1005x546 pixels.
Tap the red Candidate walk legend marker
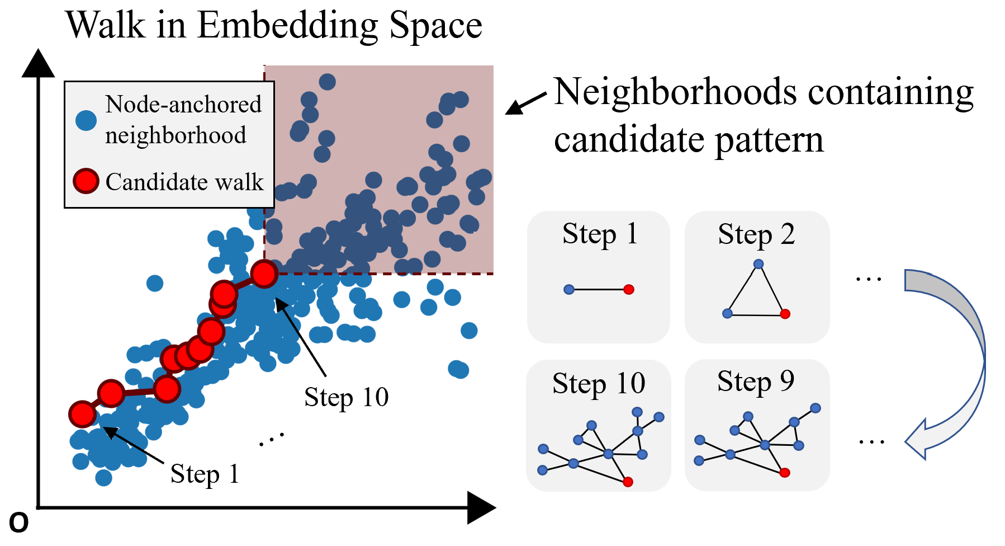pyautogui.click(x=86, y=181)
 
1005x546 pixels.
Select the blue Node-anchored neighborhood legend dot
pyautogui.click(x=86, y=120)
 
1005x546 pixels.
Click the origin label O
pyautogui.click(x=18, y=524)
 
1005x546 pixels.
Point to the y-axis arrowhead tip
pyautogui.click(x=38, y=51)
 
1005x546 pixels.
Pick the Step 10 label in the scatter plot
pyautogui.click(x=346, y=397)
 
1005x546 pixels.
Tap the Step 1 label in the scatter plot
pyautogui.click(x=205, y=474)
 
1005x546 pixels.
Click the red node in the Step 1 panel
pyautogui.click(x=629, y=289)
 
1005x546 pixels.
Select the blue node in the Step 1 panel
pyautogui.click(x=569, y=289)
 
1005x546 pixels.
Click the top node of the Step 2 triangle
pyautogui.click(x=758, y=264)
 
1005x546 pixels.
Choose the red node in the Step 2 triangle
pyautogui.click(x=785, y=314)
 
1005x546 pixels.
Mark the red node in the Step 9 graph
pyautogui.click(x=785, y=473)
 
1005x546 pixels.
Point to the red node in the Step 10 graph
pyautogui.click(x=628, y=482)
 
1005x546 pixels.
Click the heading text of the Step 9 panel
pyautogui.click(x=756, y=382)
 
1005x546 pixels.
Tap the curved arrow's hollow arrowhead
pyautogui.click(x=917, y=441)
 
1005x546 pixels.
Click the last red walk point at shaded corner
pyautogui.click(x=264, y=274)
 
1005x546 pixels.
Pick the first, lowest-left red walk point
pyautogui.click(x=83, y=414)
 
